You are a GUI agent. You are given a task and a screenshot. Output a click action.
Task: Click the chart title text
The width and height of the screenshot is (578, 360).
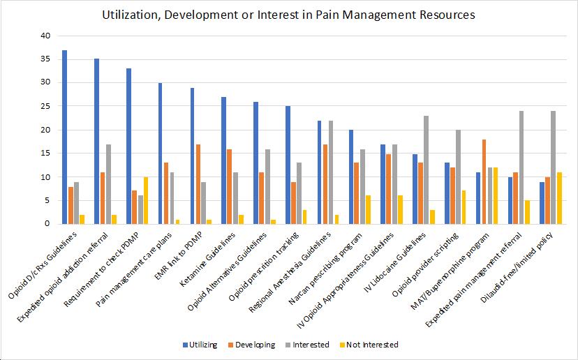[x=289, y=13]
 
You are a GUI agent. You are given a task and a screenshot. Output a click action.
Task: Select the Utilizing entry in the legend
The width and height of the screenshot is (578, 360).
[x=202, y=345]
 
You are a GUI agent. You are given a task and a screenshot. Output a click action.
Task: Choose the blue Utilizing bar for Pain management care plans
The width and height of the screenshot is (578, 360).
[x=161, y=153]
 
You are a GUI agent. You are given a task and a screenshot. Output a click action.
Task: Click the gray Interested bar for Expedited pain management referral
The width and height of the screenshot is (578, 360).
[x=521, y=167]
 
